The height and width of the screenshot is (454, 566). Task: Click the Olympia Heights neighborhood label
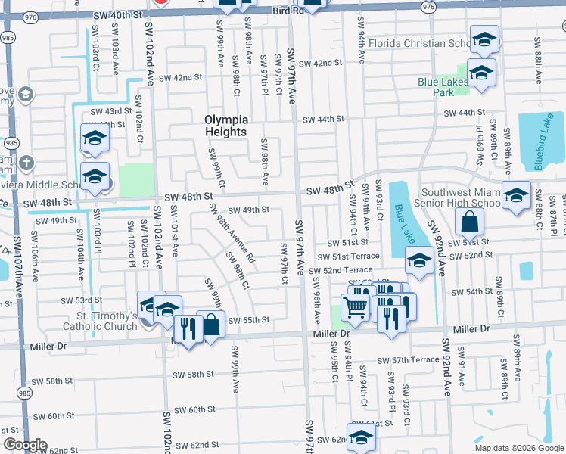[225, 126]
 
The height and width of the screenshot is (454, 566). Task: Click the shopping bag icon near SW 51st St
[469, 222]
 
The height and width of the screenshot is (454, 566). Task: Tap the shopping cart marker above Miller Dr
[355, 307]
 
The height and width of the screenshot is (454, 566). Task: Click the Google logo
[24, 445]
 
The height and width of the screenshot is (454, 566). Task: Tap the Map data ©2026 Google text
[519, 448]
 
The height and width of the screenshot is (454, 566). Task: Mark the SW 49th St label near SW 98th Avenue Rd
[248, 210]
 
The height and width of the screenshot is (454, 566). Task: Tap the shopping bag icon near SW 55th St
[211, 325]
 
